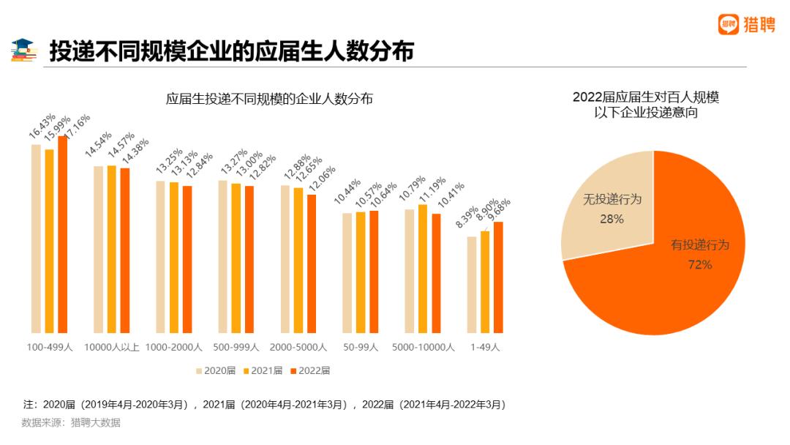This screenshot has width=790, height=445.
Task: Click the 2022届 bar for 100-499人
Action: click(x=63, y=234)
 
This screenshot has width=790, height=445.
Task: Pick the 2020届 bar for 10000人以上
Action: click(x=98, y=249)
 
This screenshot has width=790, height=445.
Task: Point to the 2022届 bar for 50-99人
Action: click(x=374, y=272)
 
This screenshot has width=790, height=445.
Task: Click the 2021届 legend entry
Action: click(x=263, y=370)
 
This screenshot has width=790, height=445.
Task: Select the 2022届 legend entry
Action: click(x=311, y=370)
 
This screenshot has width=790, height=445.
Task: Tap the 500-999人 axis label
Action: click(x=236, y=347)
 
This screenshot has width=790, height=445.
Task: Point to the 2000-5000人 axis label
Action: click(x=298, y=347)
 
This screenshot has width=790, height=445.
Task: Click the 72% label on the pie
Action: click(x=700, y=264)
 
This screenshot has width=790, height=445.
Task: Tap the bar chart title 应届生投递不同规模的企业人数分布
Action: click(x=269, y=99)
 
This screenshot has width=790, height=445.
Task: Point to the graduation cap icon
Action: click(x=24, y=51)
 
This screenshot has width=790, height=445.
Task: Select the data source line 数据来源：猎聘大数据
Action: click(x=71, y=422)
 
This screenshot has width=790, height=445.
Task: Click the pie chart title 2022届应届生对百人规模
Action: click(x=646, y=97)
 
